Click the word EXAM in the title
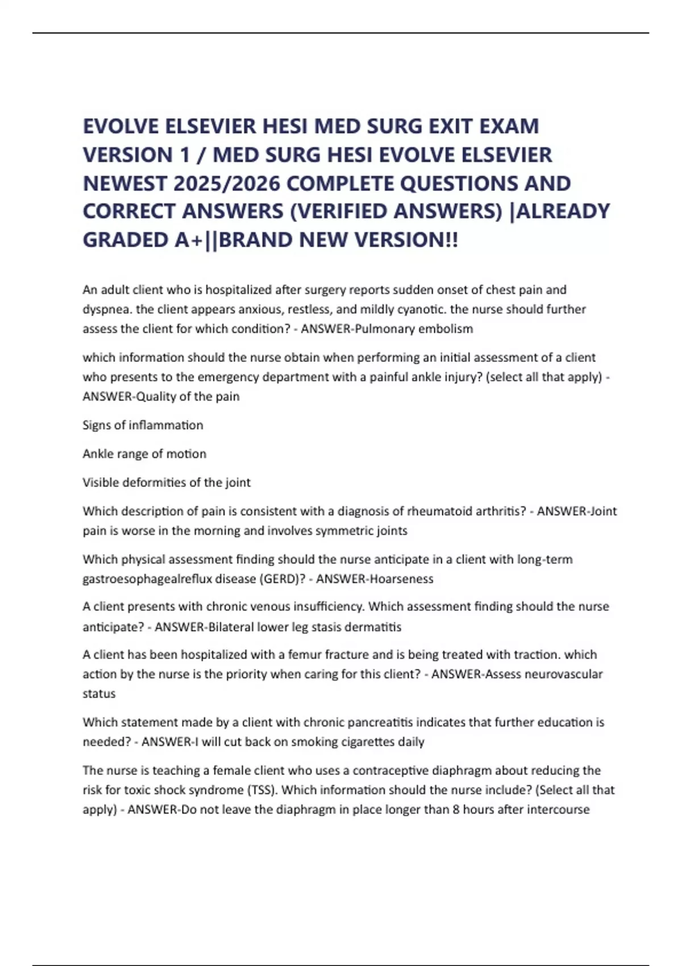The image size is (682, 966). point(509,126)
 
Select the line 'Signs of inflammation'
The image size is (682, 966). point(143,425)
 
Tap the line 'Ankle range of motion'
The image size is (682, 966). point(144,453)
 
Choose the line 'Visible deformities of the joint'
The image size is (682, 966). point(167,482)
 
